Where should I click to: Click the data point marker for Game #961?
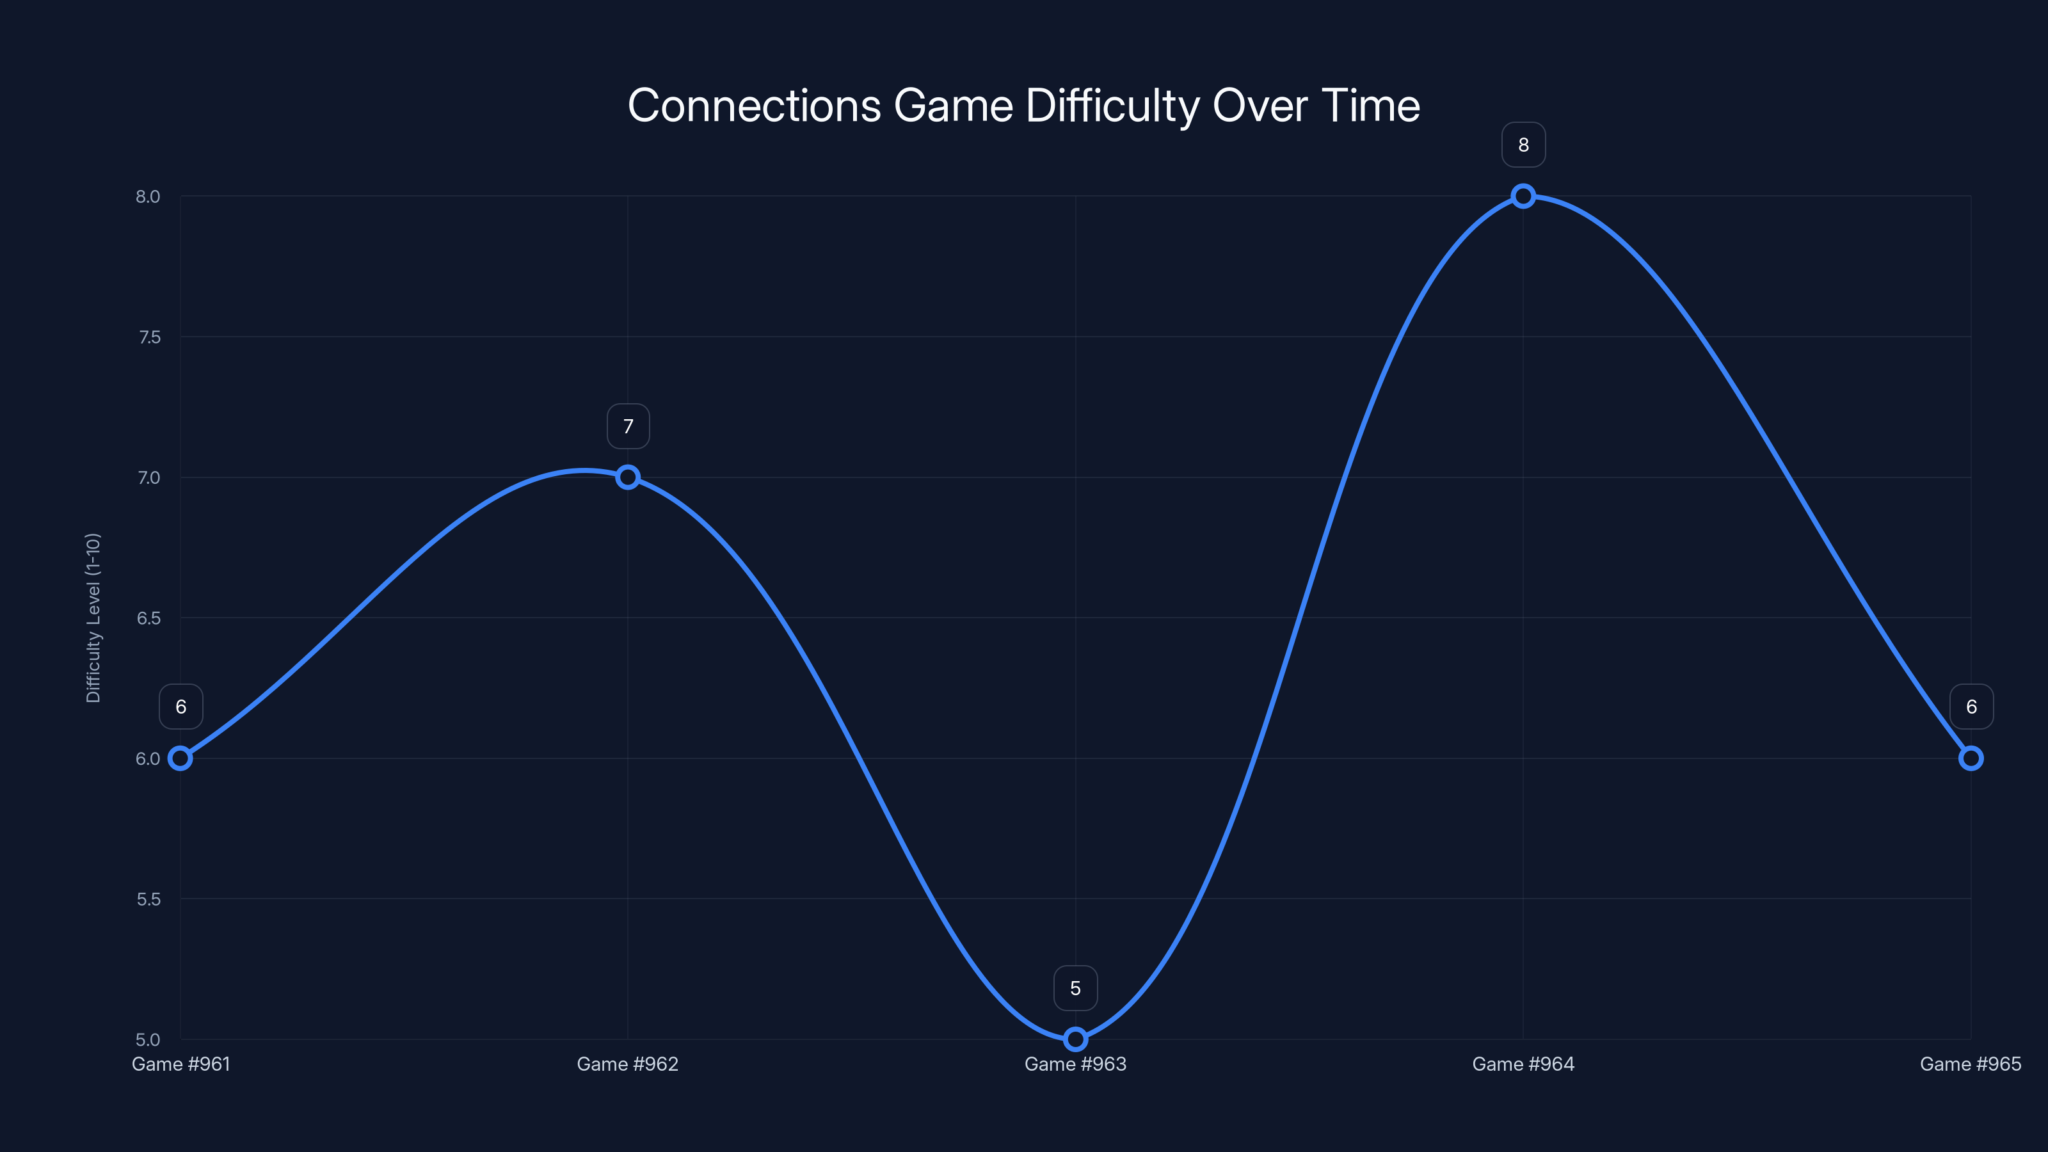[x=180, y=758]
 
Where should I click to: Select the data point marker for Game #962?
[x=628, y=477]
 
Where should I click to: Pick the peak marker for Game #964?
[x=1523, y=196]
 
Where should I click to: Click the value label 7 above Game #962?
[x=628, y=427]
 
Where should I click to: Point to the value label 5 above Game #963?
[x=1075, y=988]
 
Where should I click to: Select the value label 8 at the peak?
[x=1523, y=145]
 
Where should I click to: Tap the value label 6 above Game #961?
[x=180, y=707]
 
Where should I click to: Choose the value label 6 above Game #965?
[x=1971, y=707]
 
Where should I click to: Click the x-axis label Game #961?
[x=180, y=1064]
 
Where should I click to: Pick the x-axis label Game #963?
[x=1075, y=1064]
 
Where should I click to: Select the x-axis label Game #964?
[x=1523, y=1064]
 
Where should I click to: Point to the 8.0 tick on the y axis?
[x=148, y=196]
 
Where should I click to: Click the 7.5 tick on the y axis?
[x=148, y=337]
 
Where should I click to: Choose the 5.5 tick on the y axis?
[x=148, y=899]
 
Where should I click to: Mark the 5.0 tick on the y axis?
[x=148, y=1039]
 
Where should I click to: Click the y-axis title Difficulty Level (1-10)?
[x=93, y=618]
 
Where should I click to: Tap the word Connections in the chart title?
[x=754, y=106]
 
